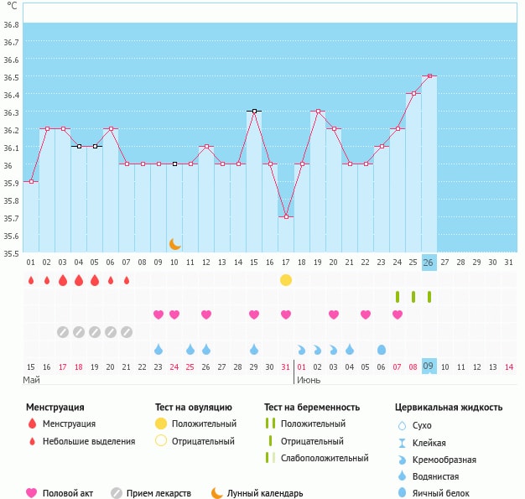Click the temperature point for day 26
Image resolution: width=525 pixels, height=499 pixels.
click(429, 75)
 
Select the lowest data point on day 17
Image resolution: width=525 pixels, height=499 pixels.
click(286, 217)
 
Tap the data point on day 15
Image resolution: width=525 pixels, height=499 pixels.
click(254, 111)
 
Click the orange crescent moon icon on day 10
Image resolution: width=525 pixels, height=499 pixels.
click(174, 244)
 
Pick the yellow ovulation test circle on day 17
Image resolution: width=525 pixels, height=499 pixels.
click(286, 280)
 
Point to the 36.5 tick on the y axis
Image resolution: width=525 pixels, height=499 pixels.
click(12, 77)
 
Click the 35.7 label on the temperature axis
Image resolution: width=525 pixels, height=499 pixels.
click(12, 218)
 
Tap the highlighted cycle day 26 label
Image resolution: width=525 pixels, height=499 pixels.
click(429, 262)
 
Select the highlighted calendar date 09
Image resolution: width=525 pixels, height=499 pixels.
click(429, 366)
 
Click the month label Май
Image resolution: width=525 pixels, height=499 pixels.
click(32, 380)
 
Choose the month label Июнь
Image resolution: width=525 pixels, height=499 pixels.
click(309, 380)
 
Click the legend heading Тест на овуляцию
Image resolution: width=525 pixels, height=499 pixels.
click(196, 408)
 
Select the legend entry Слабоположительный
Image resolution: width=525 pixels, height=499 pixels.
click(325, 458)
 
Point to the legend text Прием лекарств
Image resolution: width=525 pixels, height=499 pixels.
click(159, 493)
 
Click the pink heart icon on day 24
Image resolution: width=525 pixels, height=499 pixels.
click(398, 314)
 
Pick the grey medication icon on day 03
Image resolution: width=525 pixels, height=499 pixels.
click(63, 332)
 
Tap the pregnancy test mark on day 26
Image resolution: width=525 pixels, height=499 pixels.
click(429, 297)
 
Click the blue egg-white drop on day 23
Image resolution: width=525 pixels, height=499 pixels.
click(382, 349)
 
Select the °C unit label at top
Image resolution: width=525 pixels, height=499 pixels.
click(12, 6)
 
